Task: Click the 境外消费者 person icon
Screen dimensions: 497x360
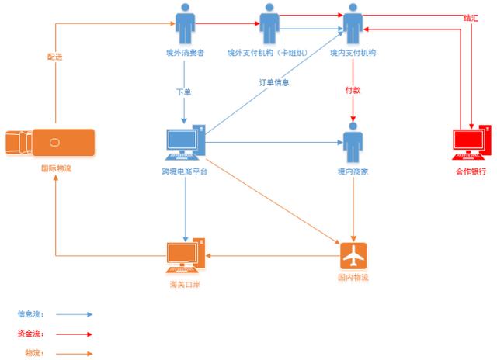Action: point(185,24)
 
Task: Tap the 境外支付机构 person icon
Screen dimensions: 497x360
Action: point(269,24)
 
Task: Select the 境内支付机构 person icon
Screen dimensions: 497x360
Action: point(353,24)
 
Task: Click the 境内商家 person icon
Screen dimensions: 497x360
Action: point(353,143)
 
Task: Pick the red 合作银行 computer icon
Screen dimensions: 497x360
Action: point(471,143)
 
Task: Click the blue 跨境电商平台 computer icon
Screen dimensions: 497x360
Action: point(186,143)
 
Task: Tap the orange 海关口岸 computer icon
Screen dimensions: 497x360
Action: point(186,255)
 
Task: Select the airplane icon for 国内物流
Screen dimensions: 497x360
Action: point(353,255)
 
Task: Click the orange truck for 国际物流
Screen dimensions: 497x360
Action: point(50,143)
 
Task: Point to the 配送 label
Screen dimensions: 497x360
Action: point(55,57)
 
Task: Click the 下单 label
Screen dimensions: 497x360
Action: point(184,92)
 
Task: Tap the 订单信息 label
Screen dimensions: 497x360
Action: point(274,83)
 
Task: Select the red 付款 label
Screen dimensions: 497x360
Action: point(353,90)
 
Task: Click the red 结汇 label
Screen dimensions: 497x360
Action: point(471,18)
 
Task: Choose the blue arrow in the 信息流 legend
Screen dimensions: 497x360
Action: point(75,314)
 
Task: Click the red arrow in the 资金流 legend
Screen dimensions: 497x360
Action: point(75,334)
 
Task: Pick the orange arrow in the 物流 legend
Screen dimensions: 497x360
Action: point(75,354)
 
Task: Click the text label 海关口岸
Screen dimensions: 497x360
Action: point(185,284)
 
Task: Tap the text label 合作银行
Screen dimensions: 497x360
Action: point(471,171)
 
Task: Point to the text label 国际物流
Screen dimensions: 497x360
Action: point(57,168)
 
